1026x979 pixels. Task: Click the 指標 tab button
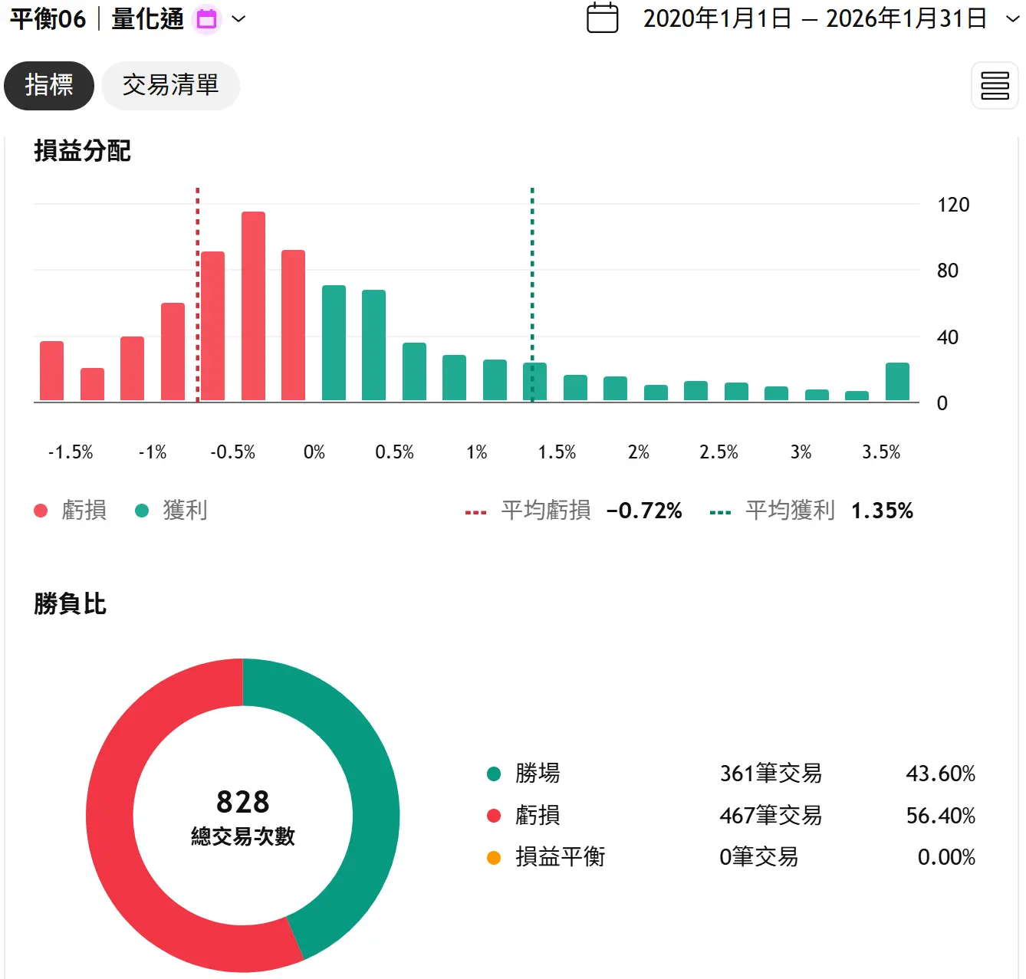pos(49,85)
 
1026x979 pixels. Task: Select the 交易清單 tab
pos(170,85)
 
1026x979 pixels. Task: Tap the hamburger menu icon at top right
pos(995,86)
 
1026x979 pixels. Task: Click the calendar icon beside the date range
pos(602,18)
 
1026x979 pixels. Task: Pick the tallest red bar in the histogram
pos(253,307)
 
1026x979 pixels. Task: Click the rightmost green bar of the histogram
pos(897,382)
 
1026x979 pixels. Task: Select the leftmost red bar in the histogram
pos(51,371)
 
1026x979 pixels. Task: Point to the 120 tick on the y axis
pos(952,205)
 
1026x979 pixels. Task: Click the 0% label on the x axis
pos(314,452)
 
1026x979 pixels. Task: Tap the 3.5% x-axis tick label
pos(880,452)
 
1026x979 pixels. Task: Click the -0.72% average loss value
pos(643,511)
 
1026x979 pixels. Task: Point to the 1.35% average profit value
pos(882,511)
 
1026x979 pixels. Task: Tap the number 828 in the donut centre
pos(242,802)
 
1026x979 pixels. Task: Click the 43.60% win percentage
pos(940,774)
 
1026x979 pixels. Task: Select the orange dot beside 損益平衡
pos(494,858)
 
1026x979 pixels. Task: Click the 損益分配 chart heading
pos(82,151)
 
